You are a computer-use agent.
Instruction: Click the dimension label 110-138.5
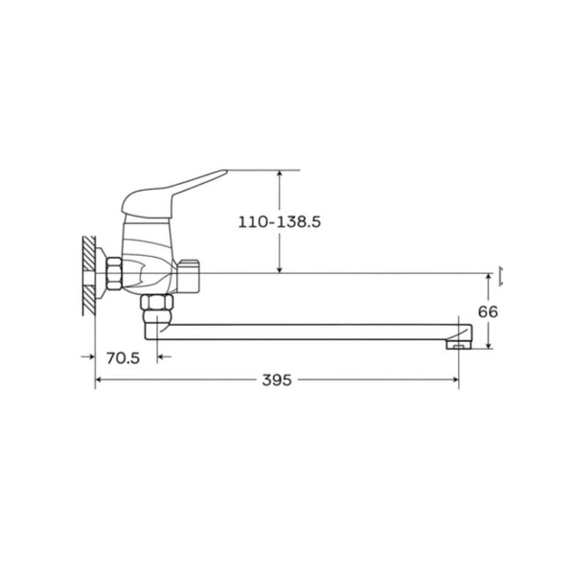[x=280, y=222]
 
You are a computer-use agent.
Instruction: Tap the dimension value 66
[x=488, y=311]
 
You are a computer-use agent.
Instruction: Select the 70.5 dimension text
[x=124, y=357]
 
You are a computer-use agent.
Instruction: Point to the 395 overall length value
[x=277, y=379]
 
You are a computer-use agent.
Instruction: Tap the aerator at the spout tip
[x=458, y=345]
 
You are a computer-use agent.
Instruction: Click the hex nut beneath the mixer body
[x=156, y=303]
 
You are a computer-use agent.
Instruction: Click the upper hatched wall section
[x=89, y=254]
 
